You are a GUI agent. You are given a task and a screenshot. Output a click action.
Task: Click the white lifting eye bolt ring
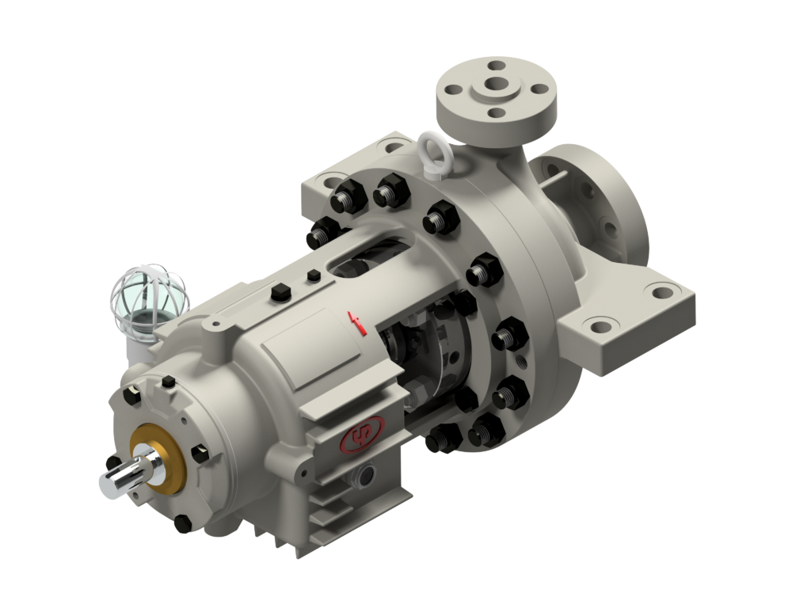(x=433, y=147)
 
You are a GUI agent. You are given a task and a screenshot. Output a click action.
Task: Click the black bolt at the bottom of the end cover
(x=183, y=522)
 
